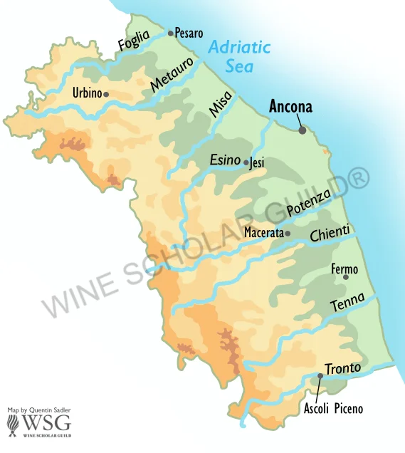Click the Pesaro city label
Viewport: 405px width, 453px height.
point(189,33)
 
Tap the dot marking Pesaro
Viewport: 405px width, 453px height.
point(171,33)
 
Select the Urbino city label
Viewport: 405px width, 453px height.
point(87,93)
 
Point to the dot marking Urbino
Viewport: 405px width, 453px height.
point(106,94)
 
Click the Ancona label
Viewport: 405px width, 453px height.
point(290,108)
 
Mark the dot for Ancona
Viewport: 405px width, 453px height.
point(303,130)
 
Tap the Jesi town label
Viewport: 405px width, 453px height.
point(258,163)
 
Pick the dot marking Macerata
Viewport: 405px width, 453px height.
point(288,233)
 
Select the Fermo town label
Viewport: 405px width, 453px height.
point(344,269)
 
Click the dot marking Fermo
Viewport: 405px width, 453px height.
point(346,277)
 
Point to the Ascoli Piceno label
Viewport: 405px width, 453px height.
point(333,409)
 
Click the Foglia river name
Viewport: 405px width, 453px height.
point(135,41)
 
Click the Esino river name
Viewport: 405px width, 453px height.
point(224,160)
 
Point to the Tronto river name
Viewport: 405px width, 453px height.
point(343,368)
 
